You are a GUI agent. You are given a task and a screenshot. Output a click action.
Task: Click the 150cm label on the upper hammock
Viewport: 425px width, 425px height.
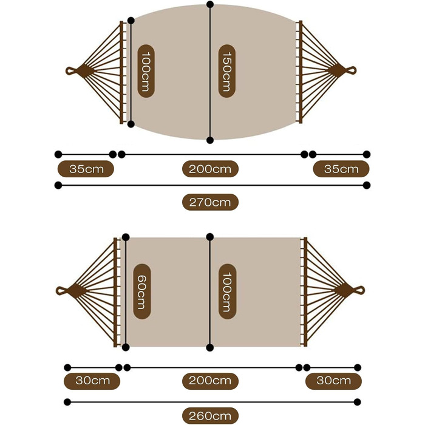pyautogui.click(x=227, y=71)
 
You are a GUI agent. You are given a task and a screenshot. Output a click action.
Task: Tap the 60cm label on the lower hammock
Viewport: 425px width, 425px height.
pyautogui.click(x=141, y=291)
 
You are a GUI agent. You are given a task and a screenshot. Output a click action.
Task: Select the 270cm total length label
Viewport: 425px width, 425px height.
pyautogui.click(x=210, y=202)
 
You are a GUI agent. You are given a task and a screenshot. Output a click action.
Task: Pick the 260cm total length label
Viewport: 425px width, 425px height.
pyautogui.click(x=210, y=415)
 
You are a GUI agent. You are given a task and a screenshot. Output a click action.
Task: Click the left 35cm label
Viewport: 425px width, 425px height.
pyautogui.click(x=86, y=169)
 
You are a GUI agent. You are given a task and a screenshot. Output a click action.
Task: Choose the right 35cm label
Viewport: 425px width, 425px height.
pyautogui.click(x=341, y=169)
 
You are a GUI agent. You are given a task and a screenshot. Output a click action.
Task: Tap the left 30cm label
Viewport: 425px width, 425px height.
pyautogui.click(x=92, y=381)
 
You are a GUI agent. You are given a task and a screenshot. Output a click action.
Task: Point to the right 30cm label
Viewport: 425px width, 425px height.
pyautogui.click(x=333, y=381)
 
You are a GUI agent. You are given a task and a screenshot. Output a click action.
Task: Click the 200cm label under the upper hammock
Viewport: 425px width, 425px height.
pyautogui.click(x=210, y=169)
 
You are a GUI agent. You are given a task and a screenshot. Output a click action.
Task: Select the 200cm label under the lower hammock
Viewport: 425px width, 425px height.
pyautogui.click(x=210, y=381)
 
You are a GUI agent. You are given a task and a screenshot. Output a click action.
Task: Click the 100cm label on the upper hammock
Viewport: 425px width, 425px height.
pyautogui.click(x=146, y=71)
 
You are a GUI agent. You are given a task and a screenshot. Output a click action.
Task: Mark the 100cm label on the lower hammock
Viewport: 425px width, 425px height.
pyautogui.click(x=227, y=291)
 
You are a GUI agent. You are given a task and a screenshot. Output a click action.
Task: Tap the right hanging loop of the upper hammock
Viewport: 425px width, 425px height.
pyautogui.click(x=351, y=70)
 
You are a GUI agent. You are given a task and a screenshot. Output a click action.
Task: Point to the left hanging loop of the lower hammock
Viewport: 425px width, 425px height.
pyautogui.click(x=61, y=291)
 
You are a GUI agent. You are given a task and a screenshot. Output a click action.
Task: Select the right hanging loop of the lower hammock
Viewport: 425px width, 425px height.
pyautogui.click(x=359, y=290)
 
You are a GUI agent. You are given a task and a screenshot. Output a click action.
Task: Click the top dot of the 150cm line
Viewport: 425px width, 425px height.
pyautogui.click(x=210, y=4)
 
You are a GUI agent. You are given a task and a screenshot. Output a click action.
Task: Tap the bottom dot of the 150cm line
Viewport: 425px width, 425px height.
pyautogui.click(x=210, y=140)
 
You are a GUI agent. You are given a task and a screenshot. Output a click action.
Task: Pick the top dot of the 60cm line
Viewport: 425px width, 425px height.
pyautogui.click(x=126, y=237)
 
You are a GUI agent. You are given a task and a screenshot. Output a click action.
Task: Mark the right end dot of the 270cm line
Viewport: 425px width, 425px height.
pyautogui.click(x=367, y=185)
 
